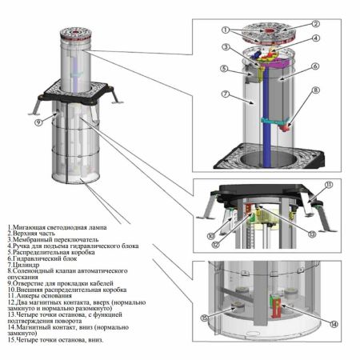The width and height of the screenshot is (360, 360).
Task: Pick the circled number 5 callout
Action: (x=226, y=69)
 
